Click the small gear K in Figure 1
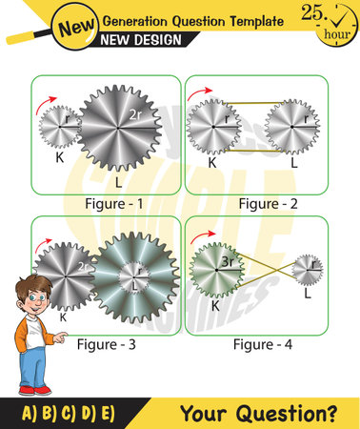60,125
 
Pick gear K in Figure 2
214,126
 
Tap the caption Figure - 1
107,204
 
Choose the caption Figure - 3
107,344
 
